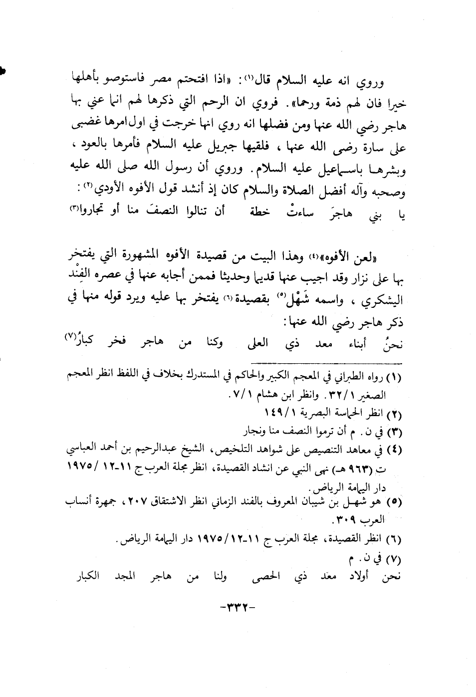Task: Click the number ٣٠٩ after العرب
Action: pos(345,519)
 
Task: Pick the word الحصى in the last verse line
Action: pos(289,577)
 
